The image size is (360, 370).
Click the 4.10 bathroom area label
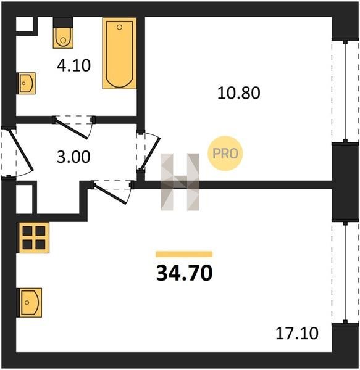click(x=73, y=65)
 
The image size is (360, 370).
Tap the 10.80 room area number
click(x=238, y=92)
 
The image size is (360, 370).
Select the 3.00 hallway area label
click(x=73, y=157)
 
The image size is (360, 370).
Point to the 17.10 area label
click(x=297, y=333)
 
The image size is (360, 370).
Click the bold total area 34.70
click(x=184, y=273)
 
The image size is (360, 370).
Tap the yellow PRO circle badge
click(x=225, y=154)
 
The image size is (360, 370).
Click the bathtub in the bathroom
click(x=119, y=53)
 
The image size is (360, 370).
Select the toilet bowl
click(x=63, y=38)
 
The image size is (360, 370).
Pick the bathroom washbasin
click(x=26, y=83)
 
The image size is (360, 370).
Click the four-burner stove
click(x=33, y=237)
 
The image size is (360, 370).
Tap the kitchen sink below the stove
click(x=30, y=303)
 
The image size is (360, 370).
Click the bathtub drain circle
click(x=119, y=27)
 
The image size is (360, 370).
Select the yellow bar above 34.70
click(x=184, y=254)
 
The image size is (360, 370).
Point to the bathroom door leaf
click(x=72, y=129)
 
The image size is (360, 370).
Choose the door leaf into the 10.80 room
click(x=150, y=154)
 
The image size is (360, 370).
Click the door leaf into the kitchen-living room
click(x=110, y=194)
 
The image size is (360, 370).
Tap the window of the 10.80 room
click(x=345, y=91)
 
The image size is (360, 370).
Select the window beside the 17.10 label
click(x=345, y=273)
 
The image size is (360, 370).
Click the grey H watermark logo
click(x=180, y=182)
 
